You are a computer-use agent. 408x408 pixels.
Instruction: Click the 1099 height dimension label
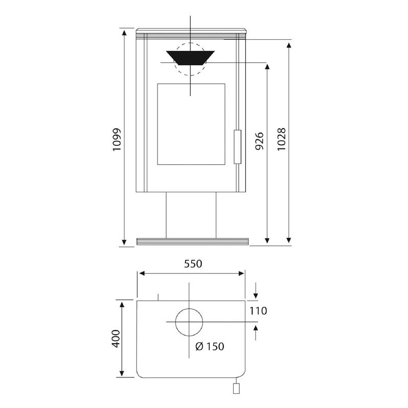[117, 139]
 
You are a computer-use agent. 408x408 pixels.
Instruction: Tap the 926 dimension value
[259, 141]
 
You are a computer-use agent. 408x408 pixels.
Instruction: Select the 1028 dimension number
[282, 139]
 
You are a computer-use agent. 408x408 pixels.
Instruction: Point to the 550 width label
[193, 264]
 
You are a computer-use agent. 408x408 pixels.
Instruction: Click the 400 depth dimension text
[116, 339]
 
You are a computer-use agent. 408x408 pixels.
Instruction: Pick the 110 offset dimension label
[258, 311]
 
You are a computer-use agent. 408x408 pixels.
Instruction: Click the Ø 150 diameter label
[210, 346]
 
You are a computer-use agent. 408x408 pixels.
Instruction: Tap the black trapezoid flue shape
[190, 58]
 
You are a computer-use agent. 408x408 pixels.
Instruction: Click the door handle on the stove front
[237, 147]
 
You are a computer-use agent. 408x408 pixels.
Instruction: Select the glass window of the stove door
[191, 124]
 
